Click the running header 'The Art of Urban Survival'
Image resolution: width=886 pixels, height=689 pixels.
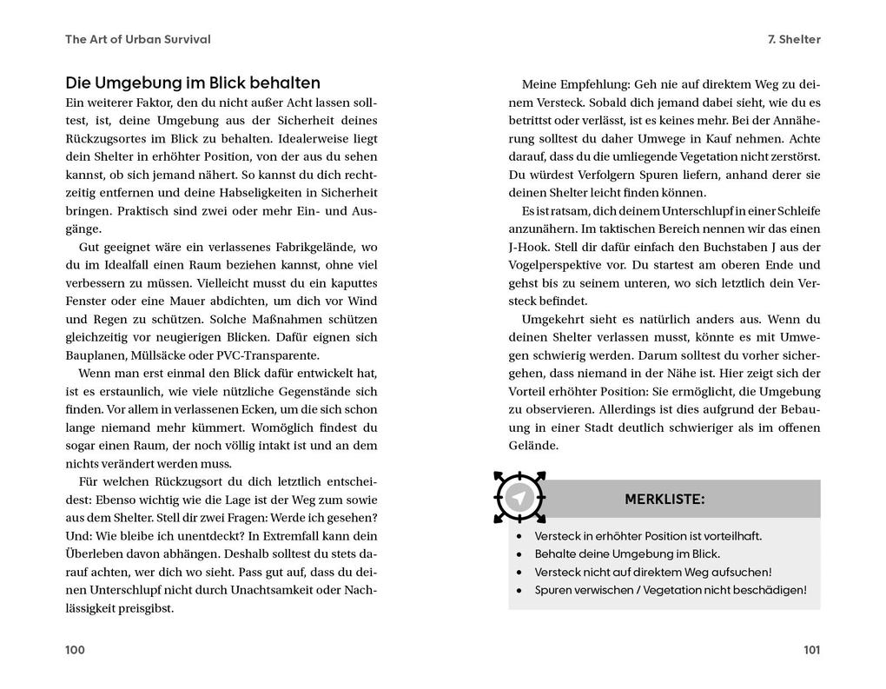tap(138, 39)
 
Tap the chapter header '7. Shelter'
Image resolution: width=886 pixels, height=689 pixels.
tap(794, 39)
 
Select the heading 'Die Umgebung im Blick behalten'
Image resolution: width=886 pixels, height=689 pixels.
tap(193, 83)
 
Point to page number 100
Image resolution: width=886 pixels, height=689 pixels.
tap(76, 650)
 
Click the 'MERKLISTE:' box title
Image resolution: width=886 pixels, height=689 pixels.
tap(664, 500)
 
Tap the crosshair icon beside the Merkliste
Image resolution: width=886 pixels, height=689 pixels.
tap(519, 498)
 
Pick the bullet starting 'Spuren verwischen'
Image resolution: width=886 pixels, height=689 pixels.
tap(670, 590)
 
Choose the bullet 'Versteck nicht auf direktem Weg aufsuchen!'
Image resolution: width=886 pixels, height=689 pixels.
tap(653, 572)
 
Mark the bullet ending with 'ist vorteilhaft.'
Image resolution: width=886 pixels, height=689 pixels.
tap(648, 536)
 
